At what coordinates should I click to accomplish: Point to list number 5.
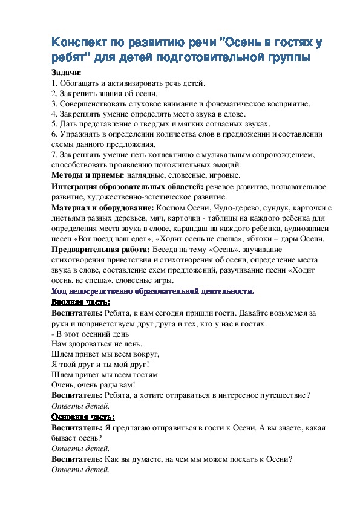coord(54,124)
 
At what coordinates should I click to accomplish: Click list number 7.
coord(54,155)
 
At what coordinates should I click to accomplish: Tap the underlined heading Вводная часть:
coord(80,302)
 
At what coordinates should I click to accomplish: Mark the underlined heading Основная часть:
coord(83,417)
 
